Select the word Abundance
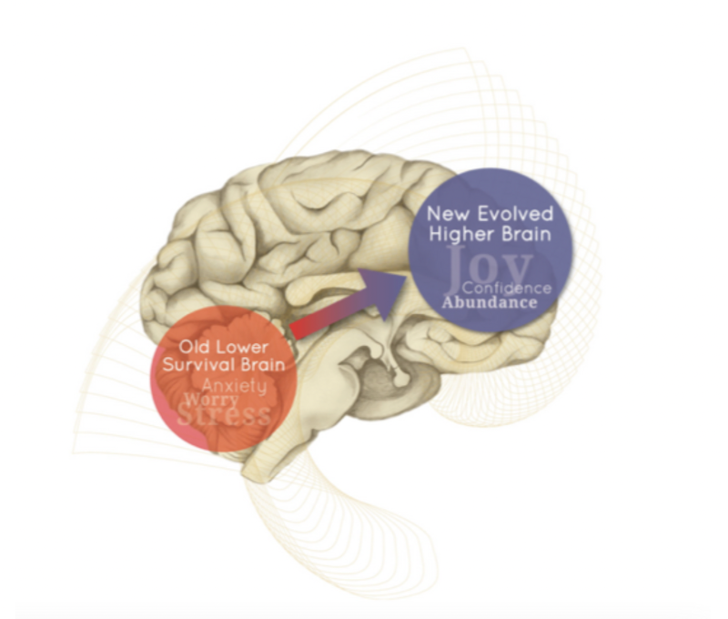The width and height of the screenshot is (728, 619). tap(490, 303)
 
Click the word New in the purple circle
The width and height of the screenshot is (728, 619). tap(450, 215)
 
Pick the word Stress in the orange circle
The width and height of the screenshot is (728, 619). tap(224, 417)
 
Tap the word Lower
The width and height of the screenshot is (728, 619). tap(246, 348)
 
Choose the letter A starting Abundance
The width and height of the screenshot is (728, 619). tap(449, 303)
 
